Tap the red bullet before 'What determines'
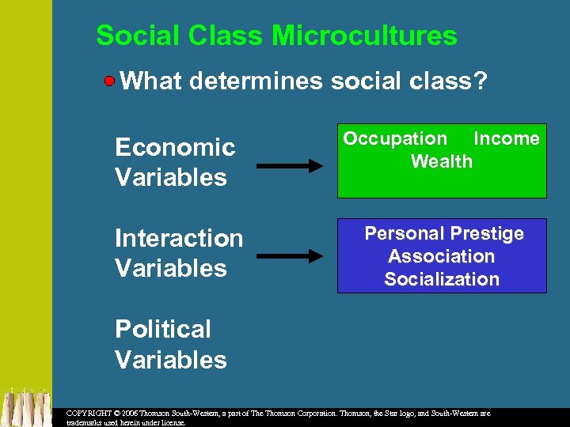[x=110, y=81]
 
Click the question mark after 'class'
[x=479, y=81]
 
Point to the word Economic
[x=175, y=147]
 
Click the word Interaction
[x=179, y=238]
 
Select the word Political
[x=163, y=329]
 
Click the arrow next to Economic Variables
[x=290, y=165]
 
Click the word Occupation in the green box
[x=395, y=139]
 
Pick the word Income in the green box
[x=506, y=139]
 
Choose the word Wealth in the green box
[x=442, y=161]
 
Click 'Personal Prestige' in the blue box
[x=443, y=233]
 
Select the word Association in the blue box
[x=442, y=256]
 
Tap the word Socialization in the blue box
[x=442, y=279]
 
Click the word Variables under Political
[x=171, y=360]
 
